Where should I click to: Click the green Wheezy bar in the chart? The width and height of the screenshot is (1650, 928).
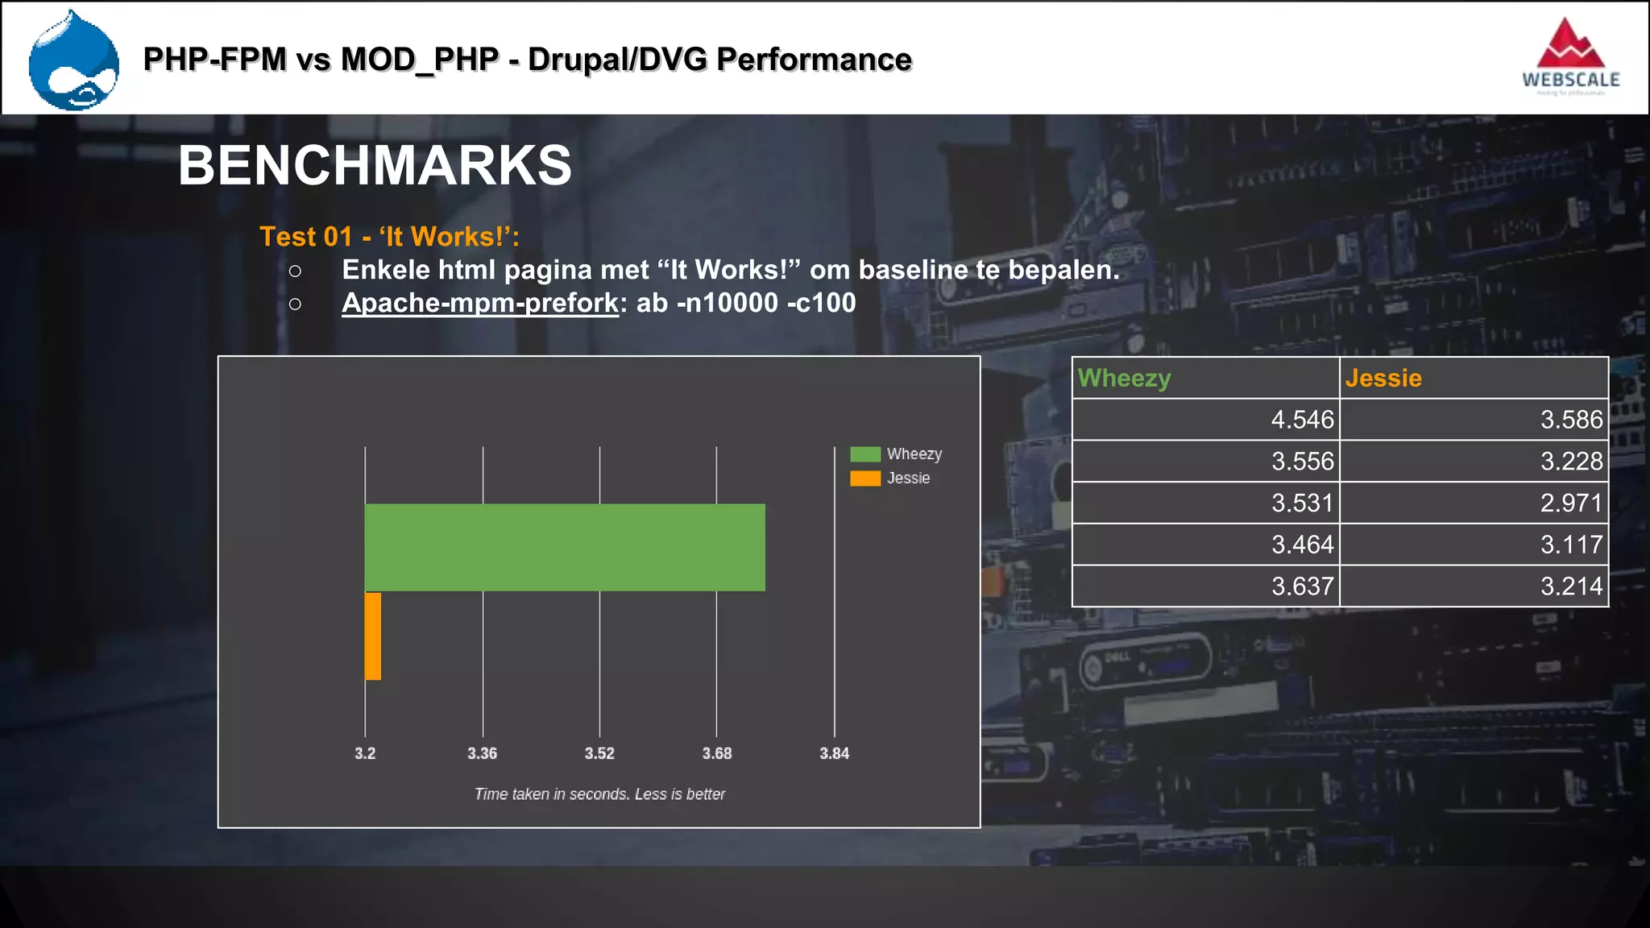point(564,547)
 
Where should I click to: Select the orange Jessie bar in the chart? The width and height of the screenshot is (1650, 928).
point(373,636)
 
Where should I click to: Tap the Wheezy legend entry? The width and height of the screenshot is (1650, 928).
point(896,454)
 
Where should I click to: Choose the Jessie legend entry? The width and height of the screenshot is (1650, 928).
point(890,478)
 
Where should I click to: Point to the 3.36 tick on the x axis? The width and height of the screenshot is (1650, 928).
point(483,753)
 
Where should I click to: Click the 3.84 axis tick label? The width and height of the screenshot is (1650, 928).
point(834,753)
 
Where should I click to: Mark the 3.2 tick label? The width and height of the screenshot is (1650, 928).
point(365,753)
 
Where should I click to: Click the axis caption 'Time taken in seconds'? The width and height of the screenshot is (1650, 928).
point(599,794)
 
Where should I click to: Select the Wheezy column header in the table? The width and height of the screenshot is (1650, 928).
point(1125,378)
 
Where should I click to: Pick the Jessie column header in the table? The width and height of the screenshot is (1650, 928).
point(1383,378)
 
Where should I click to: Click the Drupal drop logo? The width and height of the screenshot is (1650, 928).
point(73,60)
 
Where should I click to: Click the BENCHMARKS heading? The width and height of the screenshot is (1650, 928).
point(375,166)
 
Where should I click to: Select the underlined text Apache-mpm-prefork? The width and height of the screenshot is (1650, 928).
point(480,303)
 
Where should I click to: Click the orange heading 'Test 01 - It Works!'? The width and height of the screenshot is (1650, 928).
point(389,237)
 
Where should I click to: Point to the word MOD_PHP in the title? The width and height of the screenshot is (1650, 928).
point(419,60)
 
